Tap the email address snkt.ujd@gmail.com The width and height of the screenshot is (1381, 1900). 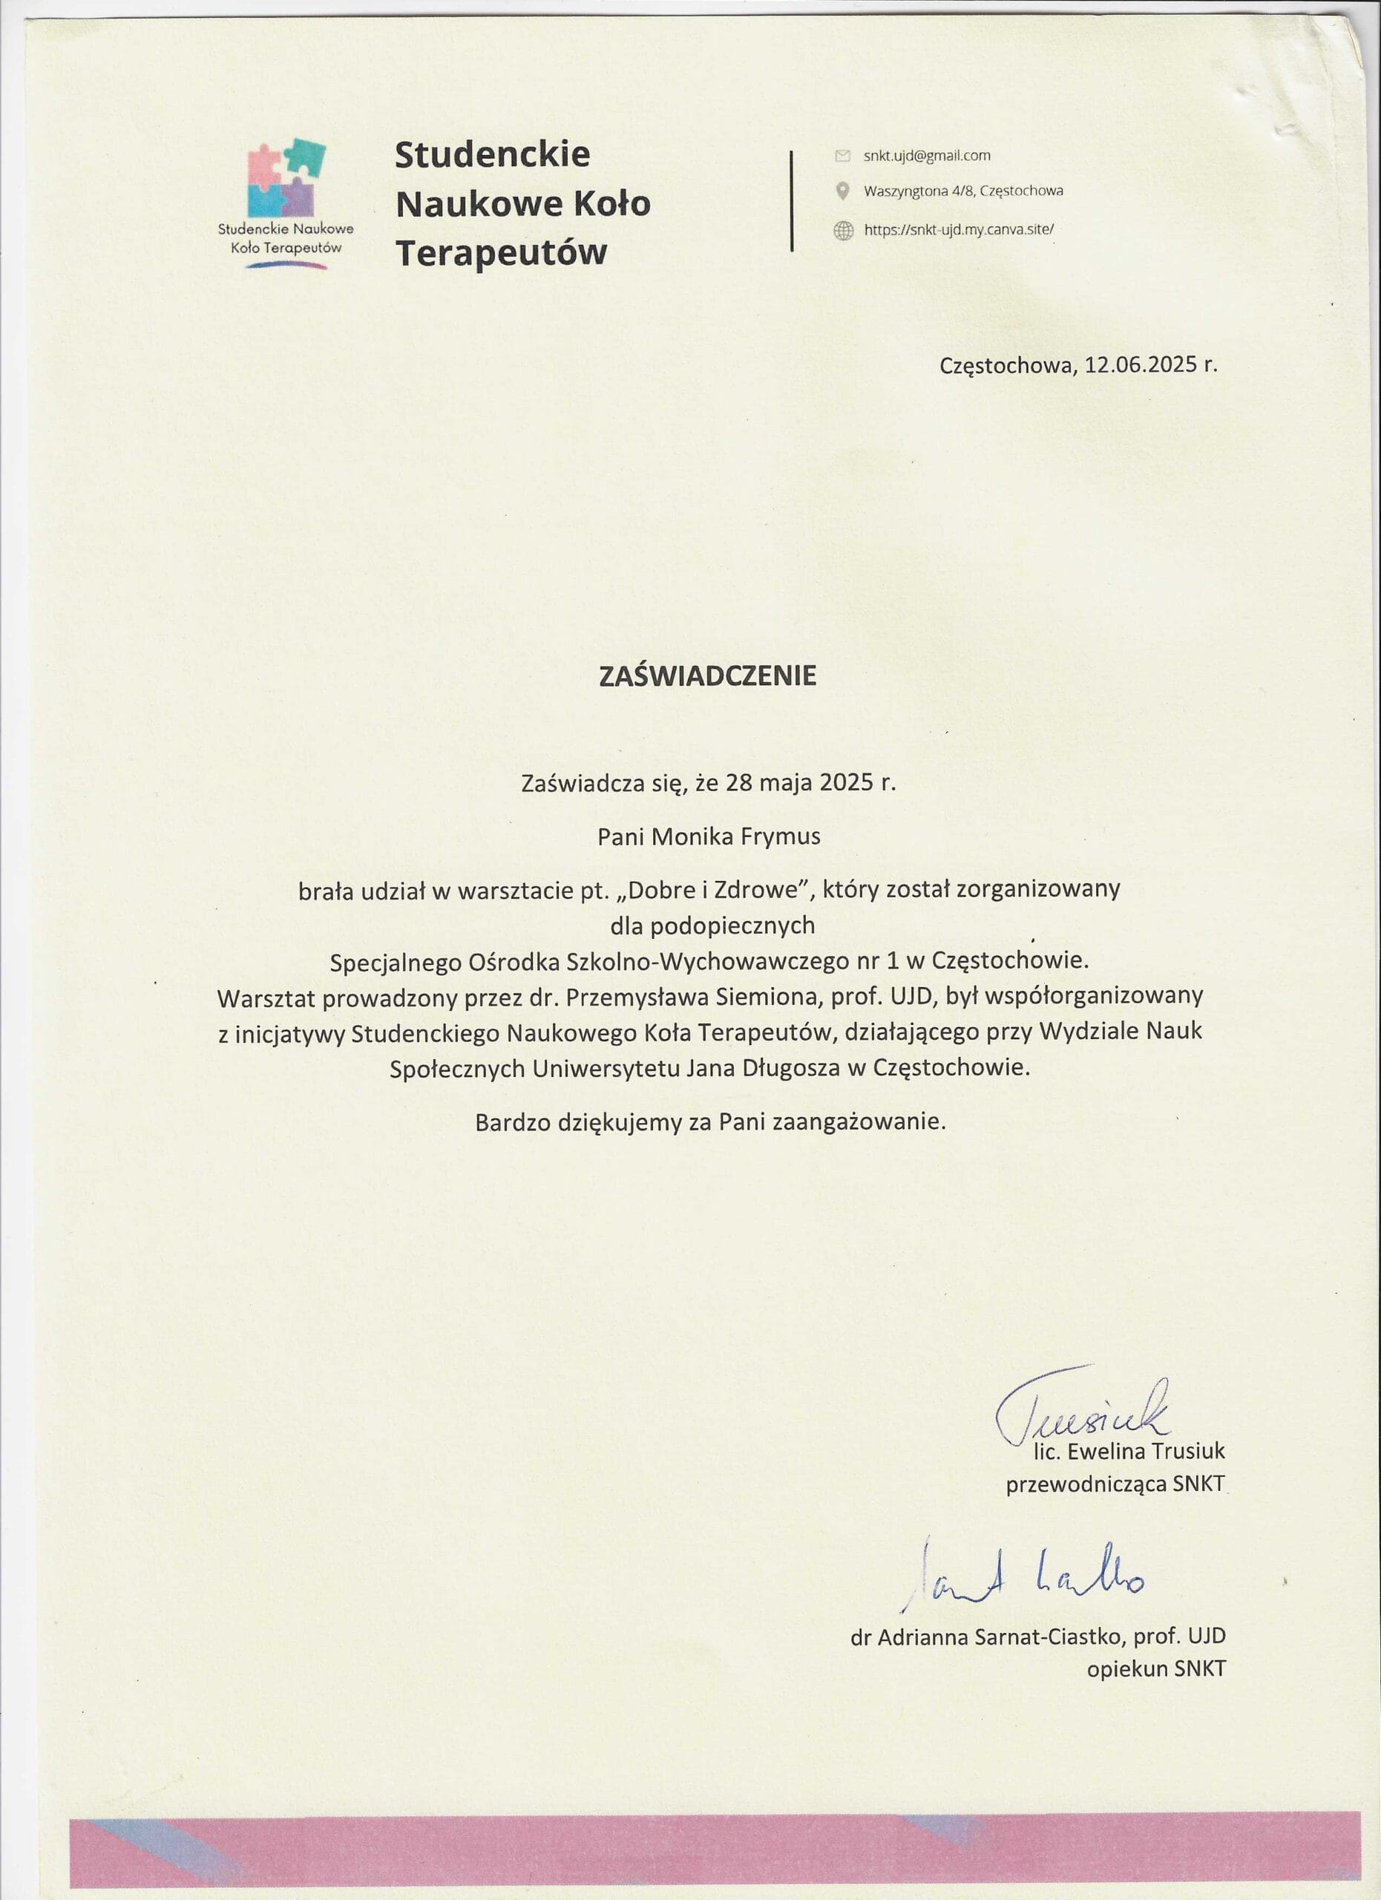(x=926, y=156)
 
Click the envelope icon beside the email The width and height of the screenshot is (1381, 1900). (x=842, y=156)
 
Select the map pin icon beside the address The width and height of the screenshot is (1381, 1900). (x=842, y=191)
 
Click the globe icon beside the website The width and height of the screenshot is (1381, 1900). (x=842, y=230)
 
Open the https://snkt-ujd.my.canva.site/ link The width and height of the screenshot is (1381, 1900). (x=958, y=229)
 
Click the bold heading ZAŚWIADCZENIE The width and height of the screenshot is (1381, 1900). (x=707, y=677)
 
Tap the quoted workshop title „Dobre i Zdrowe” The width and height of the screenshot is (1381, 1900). (x=714, y=890)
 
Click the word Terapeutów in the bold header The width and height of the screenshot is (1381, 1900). (x=501, y=253)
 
